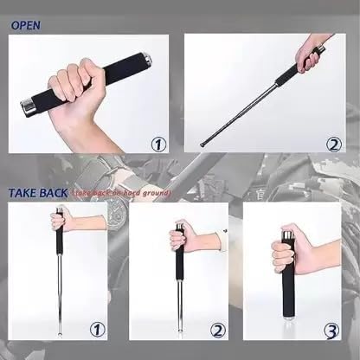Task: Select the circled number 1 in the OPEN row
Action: coord(157,145)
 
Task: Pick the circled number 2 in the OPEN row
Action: coord(334,145)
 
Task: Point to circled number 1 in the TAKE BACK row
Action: coord(97,330)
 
